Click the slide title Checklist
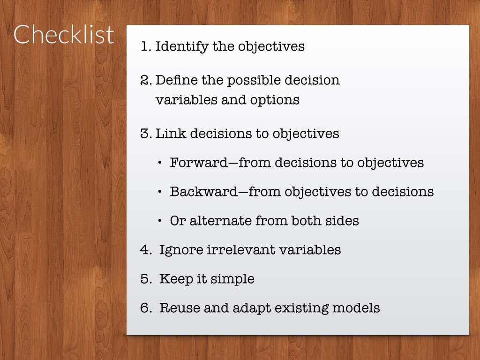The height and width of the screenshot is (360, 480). [x=64, y=34]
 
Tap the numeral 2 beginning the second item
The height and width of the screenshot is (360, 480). [x=145, y=80]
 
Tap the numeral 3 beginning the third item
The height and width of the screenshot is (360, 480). [x=144, y=134]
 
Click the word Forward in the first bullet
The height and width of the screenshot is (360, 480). [x=199, y=163]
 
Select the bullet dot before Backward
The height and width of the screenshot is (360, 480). [x=160, y=192]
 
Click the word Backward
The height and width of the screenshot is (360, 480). [x=204, y=192]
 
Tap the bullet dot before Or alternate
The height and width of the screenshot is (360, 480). [x=160, y=221]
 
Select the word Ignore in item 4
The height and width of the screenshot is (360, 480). [x=181, y=250]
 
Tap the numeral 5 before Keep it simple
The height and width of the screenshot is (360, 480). [x=144, y=279]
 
